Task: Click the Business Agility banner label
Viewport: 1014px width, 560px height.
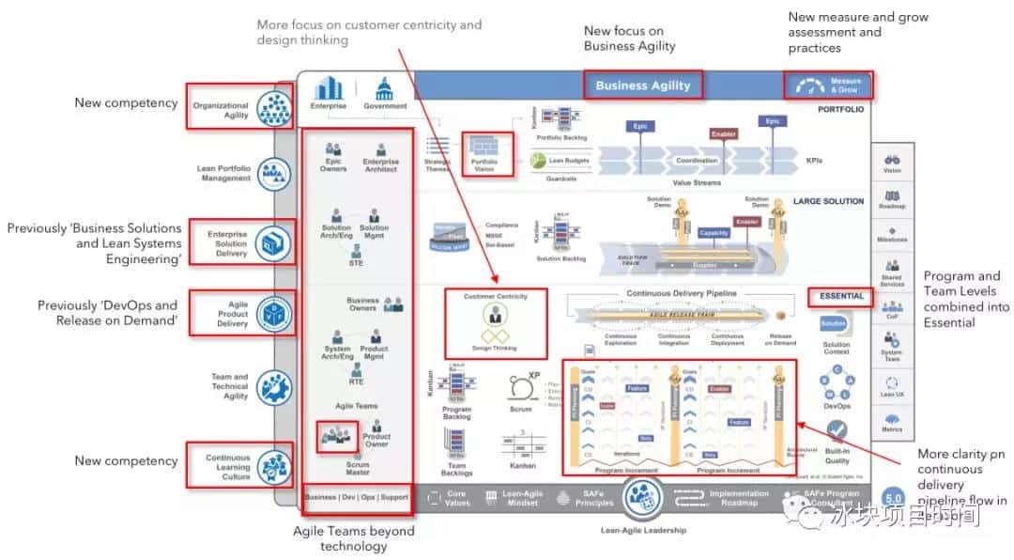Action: tap(643, 86)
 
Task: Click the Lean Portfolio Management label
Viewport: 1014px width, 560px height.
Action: tap(223, 173)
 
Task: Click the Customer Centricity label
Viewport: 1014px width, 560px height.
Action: tap(495, 296)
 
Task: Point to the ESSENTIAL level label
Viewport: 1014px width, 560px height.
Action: tap(840, 296)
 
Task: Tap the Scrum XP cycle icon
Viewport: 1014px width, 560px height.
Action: tap(521, 389)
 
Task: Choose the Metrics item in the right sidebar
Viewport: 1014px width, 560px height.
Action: tap(892, 420)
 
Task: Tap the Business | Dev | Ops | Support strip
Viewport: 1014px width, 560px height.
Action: tap(357, 497)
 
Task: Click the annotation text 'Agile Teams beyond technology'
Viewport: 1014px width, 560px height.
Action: tap(354, 538)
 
